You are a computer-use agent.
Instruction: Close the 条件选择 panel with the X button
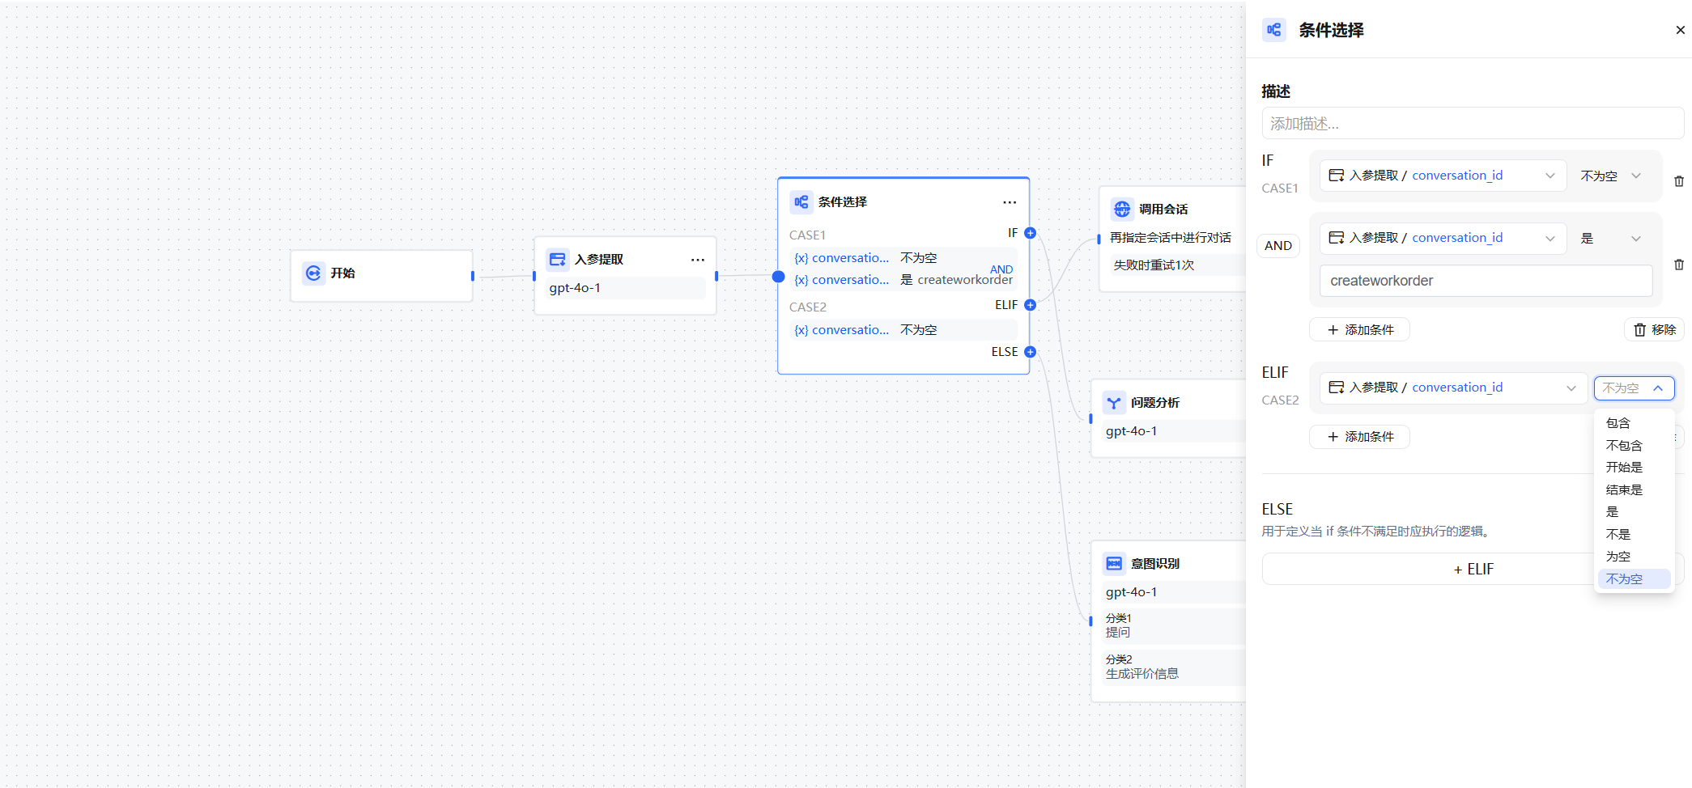pos(1680,30)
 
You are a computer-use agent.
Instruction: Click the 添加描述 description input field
pos(1473,124)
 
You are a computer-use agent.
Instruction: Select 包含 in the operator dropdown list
pos(1618,423)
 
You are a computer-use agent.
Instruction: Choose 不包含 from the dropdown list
pos(1624,446)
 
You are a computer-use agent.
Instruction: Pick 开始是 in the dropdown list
pos(1624,468)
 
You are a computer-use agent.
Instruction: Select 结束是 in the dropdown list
pos(1624,490)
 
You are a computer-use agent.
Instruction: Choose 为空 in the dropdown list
pos(1618,557)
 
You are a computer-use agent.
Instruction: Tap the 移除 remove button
pos(1654,330)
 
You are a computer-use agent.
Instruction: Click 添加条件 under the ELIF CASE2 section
pos(1359,437)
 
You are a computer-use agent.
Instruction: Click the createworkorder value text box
pos(1486,281)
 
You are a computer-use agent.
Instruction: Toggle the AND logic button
pos(1278,246)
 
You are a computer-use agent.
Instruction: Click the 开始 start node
pos(381,273)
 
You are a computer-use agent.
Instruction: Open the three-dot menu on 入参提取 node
pos(698,260)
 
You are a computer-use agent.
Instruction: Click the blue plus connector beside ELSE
pos(1030,352)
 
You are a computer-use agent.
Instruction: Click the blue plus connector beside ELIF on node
pos(1030,305)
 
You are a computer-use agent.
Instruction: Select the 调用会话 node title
pos(1163,210)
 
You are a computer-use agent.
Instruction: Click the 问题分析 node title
pos(1155,403)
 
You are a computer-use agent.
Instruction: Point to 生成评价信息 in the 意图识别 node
pos(1142,674)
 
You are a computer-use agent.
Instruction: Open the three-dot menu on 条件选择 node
pos(1010,202)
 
